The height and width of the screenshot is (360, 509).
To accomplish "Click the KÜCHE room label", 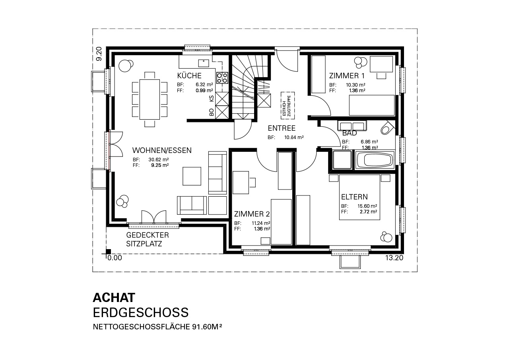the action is point(189,75).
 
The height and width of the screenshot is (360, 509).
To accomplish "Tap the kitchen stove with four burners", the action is point(222,77).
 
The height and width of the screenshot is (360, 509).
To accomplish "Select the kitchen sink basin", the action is point(204,63).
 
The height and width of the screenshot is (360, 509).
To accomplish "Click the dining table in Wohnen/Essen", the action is point(150,99).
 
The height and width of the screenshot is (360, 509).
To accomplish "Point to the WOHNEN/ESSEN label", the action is point(162,150).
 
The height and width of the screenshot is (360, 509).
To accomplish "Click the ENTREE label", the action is point(282,128).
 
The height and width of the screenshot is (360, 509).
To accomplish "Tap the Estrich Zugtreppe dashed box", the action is point(288,106).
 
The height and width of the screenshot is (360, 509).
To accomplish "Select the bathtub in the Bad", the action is point(374,160).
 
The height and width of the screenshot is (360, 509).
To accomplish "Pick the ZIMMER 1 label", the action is point(347,75).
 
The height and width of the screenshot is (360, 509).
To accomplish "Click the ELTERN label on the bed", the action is point(354,197).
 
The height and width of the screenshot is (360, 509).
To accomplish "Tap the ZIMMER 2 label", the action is point(252,214).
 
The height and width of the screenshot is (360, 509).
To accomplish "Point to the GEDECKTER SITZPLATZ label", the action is point(148,239).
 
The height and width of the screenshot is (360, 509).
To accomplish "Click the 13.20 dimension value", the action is point(394,257).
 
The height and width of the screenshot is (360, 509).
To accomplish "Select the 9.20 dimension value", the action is point(99,54).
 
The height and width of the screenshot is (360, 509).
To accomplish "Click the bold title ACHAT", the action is point(114,298).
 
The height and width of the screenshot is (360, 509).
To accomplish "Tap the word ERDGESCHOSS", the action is point(141,312).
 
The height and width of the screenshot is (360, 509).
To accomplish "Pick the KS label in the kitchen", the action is point(212,99).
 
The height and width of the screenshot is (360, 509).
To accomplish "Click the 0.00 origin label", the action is point(115,257).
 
